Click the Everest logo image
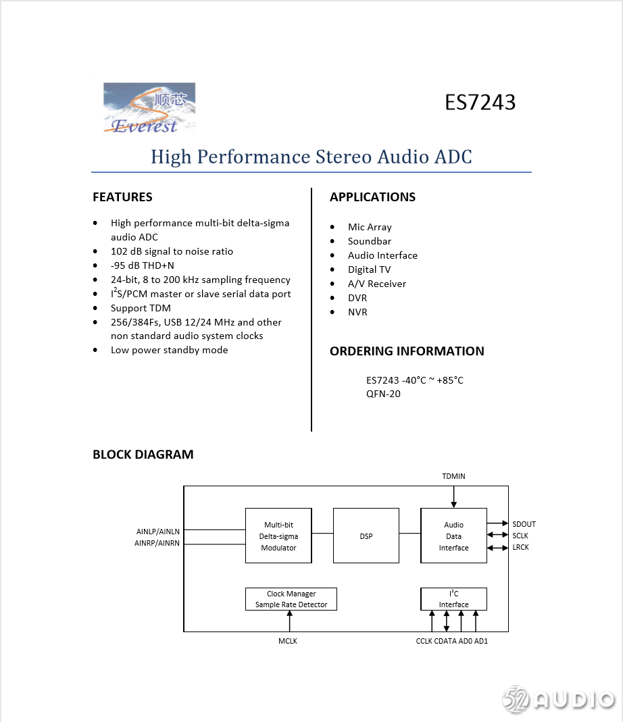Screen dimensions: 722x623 point(149,107)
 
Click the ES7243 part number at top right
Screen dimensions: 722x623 point(480,102)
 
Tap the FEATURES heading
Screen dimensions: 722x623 point(122,197)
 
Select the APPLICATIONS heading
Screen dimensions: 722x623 point(372,197)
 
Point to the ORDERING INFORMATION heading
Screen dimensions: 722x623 point(407,351)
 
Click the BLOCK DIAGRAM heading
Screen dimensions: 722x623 point(143,455)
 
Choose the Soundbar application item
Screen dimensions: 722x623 point(370,241)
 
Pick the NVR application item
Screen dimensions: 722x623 point(357,312)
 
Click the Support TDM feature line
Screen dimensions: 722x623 point(141,308)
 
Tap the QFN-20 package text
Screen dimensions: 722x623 point(383,394)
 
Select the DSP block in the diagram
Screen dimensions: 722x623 point(366,536)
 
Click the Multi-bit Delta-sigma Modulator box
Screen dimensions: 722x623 point(278,536)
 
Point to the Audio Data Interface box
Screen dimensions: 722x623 point(453,536)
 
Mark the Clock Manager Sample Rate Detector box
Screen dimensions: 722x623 point(291,599)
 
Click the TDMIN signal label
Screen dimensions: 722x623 point(453,476)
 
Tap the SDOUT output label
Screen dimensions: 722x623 point(524,524)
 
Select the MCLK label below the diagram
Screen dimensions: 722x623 point(288,641)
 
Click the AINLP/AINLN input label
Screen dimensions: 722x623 point(158,532)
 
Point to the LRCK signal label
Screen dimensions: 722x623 point(520,547)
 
